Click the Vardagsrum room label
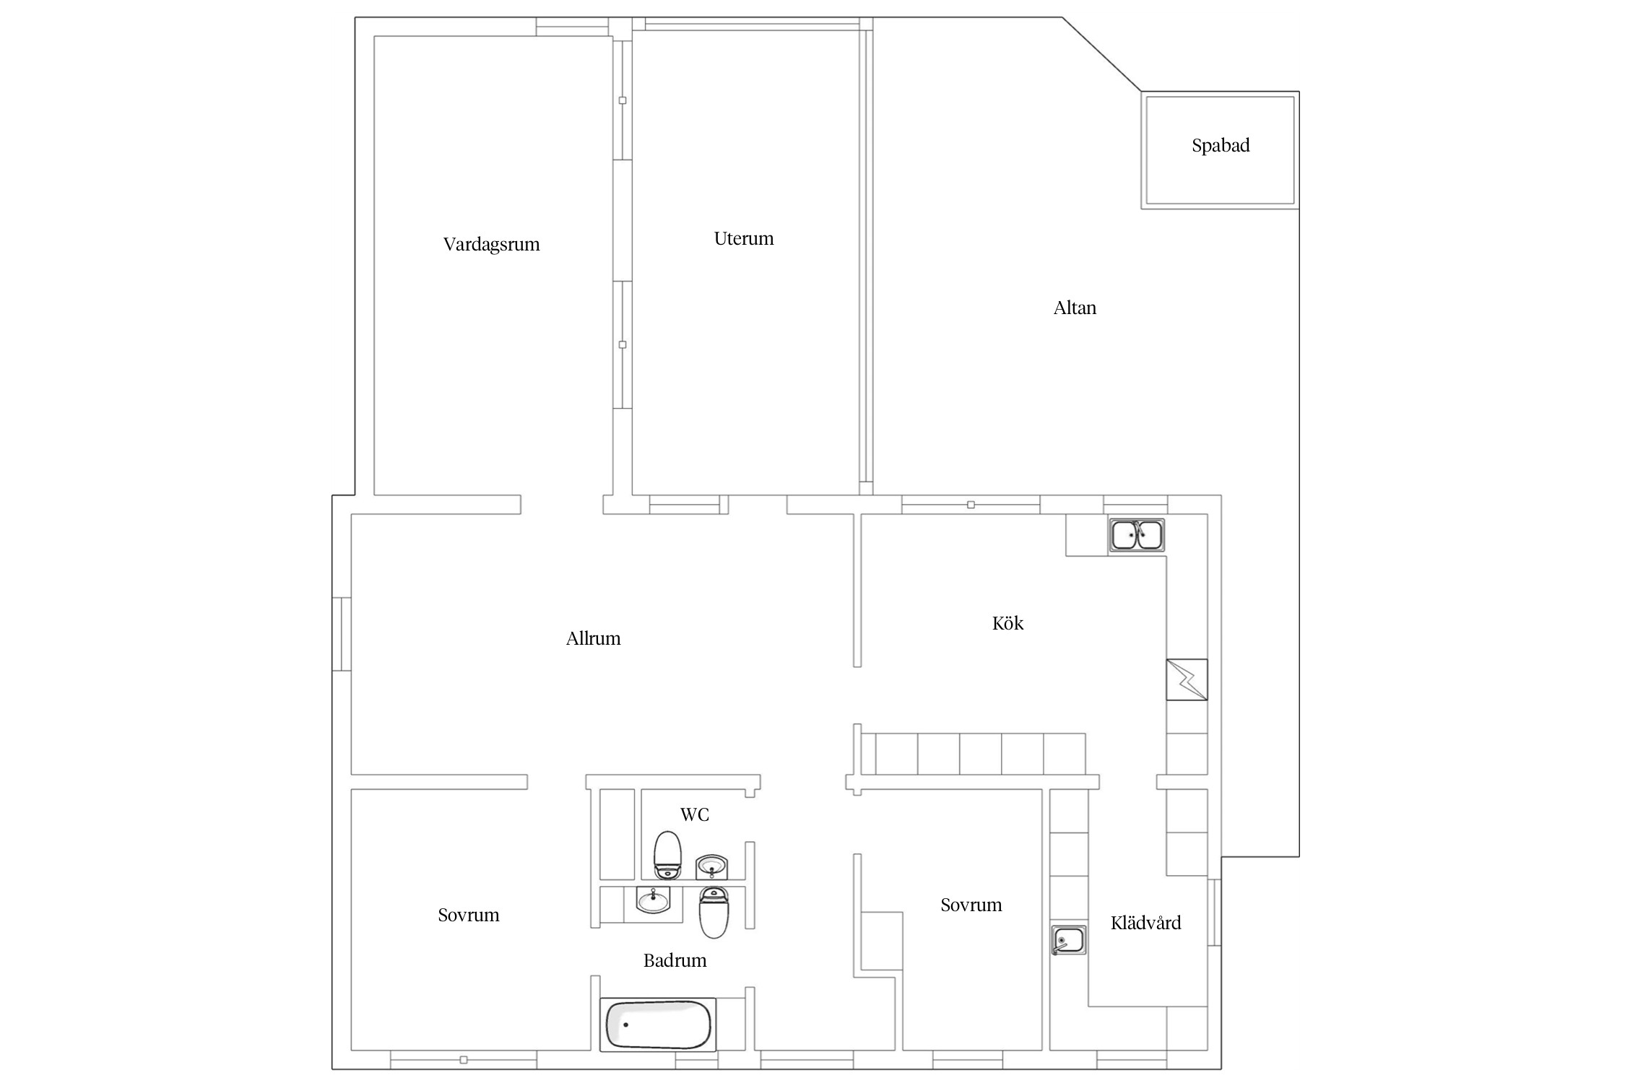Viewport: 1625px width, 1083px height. click(491, 244)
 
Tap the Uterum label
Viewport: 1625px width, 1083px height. click(744, 238)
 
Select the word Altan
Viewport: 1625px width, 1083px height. click(1075, 308)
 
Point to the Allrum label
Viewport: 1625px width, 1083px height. click(593, 638)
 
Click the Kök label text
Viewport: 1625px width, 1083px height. click(1007, 622)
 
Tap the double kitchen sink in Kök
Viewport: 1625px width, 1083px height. click(1137, 536)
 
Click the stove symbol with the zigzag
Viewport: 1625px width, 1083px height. click(1187, 679)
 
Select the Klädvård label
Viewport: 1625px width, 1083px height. click(1145, 922)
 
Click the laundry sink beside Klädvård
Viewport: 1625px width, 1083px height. click(1069, 939)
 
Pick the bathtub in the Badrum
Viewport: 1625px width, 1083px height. click(658, 1025)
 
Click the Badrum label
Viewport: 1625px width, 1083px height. click(675, 960)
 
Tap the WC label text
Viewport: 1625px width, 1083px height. click(695, 814)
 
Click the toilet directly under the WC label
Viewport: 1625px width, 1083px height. click(667, 855)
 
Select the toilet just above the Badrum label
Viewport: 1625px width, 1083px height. click(714, 913)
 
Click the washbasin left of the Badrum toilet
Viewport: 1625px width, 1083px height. click(654, 900)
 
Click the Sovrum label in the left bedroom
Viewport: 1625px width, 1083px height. click(468, 915)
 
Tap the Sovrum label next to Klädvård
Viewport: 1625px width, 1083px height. click(971, 905)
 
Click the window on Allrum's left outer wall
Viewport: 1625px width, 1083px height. click(342, 634)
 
